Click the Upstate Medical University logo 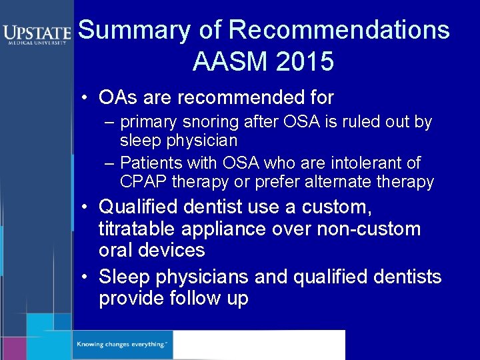(37, 34)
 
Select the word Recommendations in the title (339, 30)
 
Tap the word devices (173, 251)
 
